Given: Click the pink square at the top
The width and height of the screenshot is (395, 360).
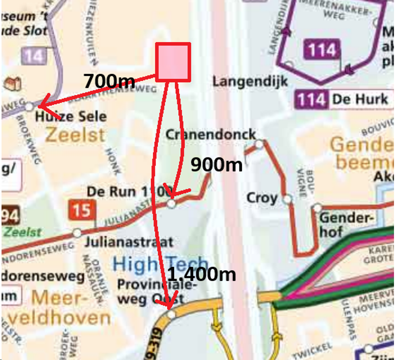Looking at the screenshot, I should (x=173, y=62).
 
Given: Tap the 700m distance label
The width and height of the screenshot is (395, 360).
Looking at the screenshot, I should (x=109, y=81).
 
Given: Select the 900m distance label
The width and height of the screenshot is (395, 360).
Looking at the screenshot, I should (x=216, y=164).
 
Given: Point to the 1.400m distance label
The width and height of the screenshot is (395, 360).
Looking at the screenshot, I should (x=202, y=274).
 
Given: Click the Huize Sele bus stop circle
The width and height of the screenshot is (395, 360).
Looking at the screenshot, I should (x=30, y=106).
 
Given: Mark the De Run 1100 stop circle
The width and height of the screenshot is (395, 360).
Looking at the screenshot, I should (x=171, y=204).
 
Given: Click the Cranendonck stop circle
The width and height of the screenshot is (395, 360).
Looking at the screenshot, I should (x=259, y=144).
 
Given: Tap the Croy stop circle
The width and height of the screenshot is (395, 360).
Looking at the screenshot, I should (x=288, y=198).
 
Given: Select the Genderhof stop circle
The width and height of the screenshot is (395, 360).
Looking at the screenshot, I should (x=317, y=208).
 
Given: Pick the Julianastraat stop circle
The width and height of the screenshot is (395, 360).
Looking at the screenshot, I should (x=77, y=233).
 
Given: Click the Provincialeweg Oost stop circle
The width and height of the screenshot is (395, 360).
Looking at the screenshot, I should (x=171, y=314).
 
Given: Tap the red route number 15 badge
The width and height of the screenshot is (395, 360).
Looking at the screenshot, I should (x=82, y=210).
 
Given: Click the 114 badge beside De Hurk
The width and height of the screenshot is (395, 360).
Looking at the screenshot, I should (x=311, y=99).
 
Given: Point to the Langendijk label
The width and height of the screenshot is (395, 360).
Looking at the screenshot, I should (x=250, y=81).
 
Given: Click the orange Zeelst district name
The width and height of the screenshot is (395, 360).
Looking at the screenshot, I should (x=75, y=135).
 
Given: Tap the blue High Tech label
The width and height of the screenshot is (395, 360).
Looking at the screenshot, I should (x=160, y=263).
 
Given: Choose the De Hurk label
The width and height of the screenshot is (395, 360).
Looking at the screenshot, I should (x=360, y=99).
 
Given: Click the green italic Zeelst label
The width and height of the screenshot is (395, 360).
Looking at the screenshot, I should (x=22, y=232).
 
